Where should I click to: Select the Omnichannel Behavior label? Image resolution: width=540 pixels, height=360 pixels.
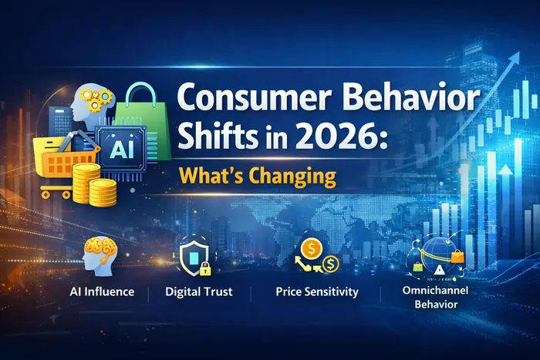pyautogui.click(x=437, y=297)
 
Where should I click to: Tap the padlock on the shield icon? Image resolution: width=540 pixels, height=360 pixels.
pyautogui.click(x=205, y=267)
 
